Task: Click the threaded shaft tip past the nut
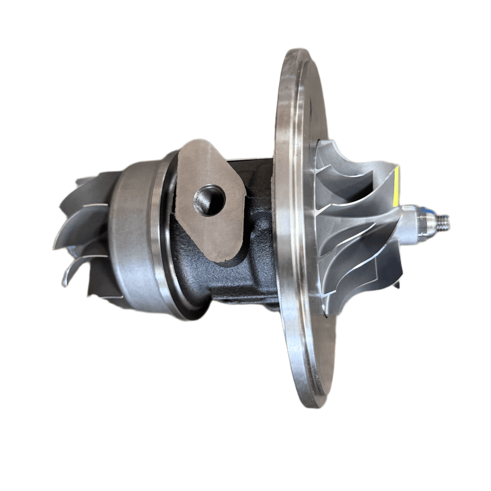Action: pyautogui.click(x=444, y=222)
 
